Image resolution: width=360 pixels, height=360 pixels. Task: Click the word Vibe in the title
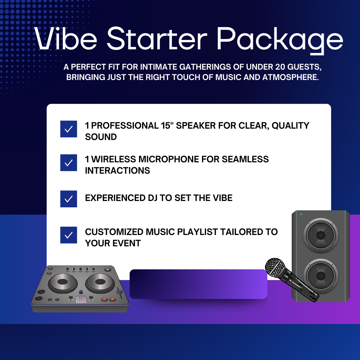pyautogui.click(x=66, y=39)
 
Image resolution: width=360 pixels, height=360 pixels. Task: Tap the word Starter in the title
pyautogui.click(x=157, y=38)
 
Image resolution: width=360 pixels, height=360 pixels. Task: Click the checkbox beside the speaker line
pyautogui.click(x=69, y=129)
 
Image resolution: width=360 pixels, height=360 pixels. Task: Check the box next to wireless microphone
pyautogui.click(x=69, y=163)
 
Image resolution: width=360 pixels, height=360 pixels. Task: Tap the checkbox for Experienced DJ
pyautogui.click(x=69, y=199)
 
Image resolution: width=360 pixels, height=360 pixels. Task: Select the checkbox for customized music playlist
pyautogui.click(x=69, y=235)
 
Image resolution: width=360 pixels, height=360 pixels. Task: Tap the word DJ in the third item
pyautogui.click(x=152, y=198)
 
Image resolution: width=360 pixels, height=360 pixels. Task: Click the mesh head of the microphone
pyautogui.click(x=275, y=267)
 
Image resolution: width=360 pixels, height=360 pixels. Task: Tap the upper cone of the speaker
pyautogui.click(x=321, y=235)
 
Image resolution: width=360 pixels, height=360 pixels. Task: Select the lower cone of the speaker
pyautogui.click(x=321, y=276)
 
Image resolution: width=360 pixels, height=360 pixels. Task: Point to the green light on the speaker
pyautogui.click(x=301, y=214)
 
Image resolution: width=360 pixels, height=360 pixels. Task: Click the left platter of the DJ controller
pyautogui.click(x=62, y=282)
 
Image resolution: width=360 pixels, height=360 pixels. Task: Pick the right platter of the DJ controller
pyautogui.click(x=100, y=282)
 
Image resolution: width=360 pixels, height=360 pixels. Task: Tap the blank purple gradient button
pyautogui.click(x=198, y=284)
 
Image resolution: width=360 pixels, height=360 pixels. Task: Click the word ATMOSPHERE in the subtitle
pyautogui.click(x=290, y=77)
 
